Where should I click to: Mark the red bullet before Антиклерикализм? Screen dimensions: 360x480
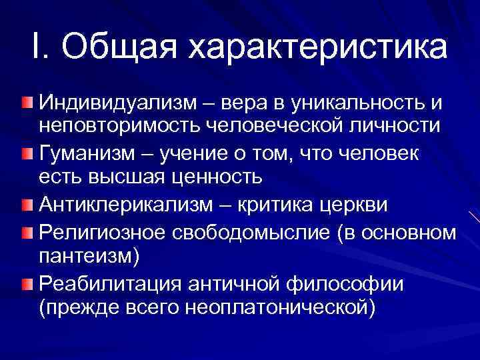coord(25,204)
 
